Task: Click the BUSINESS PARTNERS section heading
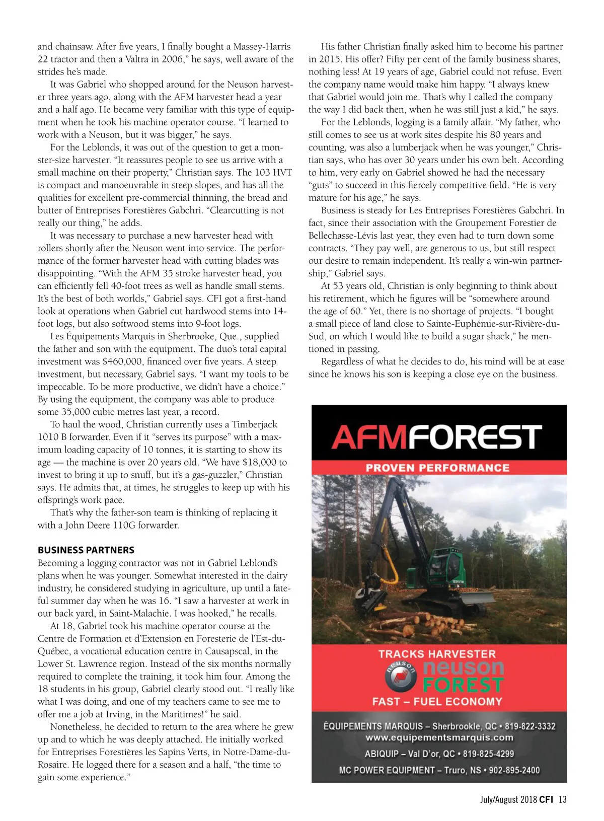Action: pyautogui.click(x=86, y=550)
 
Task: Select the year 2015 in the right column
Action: pyautogui.click(x=331, y=59)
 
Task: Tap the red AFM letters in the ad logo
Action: pyautogui.click(x=368, y=437)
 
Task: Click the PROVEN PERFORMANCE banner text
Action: pyautogui.click(x=437, y=468)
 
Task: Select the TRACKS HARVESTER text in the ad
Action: pyautogui.click(x=437, y=654)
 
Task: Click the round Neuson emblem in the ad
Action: pyautogui.click(x=401, y=676)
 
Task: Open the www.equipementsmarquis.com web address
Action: pyautogui.click(x=439, y=738)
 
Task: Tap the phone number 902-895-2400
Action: pyautogui.click(x=514, y=770)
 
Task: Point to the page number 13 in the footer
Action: pyautogui.click(x=562, y=799)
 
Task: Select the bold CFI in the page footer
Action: pyautogui.click(x=546, y=799)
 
